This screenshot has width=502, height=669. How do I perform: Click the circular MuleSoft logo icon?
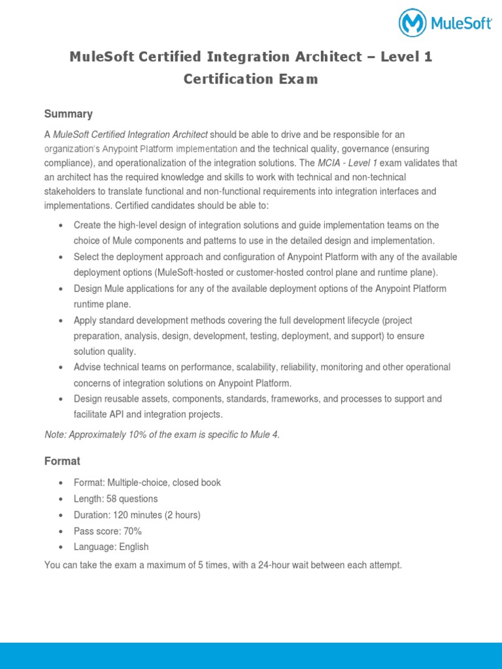[414, 24]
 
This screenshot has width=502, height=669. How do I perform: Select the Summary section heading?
[68, 114]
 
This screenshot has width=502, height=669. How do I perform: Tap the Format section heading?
[62, 461]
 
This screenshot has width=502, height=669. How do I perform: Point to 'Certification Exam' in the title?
[251, 79]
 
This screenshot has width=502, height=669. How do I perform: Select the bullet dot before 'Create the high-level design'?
[60, 226]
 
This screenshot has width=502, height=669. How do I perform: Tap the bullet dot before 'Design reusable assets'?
[60, 399]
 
